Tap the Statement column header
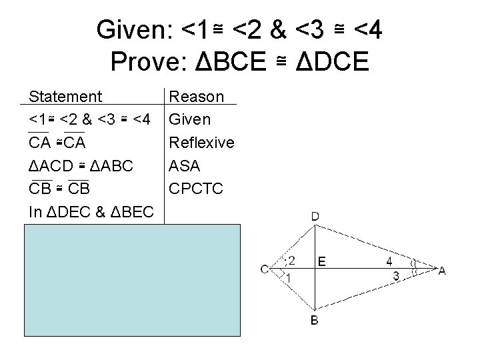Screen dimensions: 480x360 coord(66,97)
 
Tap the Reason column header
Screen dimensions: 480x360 coord(197,97)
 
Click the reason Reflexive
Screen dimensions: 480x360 coord(202,143)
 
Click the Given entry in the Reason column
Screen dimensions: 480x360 coord(190,120)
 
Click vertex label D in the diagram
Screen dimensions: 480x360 coord(315,216)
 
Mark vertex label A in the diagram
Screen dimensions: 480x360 coord(442,269)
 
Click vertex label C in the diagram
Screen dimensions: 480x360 coord(265,269)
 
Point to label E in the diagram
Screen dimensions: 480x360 coord(322,262)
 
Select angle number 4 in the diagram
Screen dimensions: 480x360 coord(391,261)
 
